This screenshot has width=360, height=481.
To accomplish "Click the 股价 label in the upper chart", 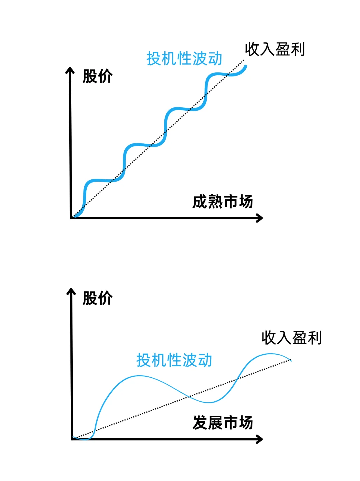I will [97, 76].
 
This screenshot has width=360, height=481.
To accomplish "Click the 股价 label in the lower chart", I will [97, 298].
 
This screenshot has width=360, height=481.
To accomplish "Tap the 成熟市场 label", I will [223, 202].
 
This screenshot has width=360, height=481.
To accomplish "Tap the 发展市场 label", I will [223, 423].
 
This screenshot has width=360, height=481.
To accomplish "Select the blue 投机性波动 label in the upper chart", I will [184, 59].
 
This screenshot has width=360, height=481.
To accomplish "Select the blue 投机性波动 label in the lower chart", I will [174, 360].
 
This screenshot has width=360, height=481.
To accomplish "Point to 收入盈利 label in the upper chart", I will [275, 49].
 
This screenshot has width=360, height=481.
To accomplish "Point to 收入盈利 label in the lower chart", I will [292, 338].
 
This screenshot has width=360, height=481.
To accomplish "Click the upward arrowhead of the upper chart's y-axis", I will [70, 70].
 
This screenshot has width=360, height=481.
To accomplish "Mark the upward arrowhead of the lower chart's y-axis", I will [71, 292].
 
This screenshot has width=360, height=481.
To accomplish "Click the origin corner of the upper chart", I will [72, 218].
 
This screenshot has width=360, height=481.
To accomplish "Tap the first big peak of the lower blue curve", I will [138, 376].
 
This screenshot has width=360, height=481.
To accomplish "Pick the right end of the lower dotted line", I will [291, 360].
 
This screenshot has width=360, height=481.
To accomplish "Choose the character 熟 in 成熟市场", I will [215, 202].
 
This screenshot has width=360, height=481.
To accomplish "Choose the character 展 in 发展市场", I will [215, 423].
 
